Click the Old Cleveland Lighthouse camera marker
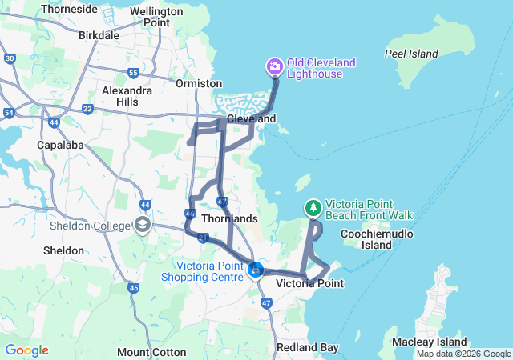pos(274,66)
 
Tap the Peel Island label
pos(411,54)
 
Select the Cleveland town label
pos(251,118)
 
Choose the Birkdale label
pos(99,35)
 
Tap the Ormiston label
pos(199,83)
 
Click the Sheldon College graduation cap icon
pos(143,225)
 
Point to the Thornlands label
pos(230,218)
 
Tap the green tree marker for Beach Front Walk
pos(313,208)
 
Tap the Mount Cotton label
pos(151,352)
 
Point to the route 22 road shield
pos(87,109)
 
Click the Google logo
pos(26,350)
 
